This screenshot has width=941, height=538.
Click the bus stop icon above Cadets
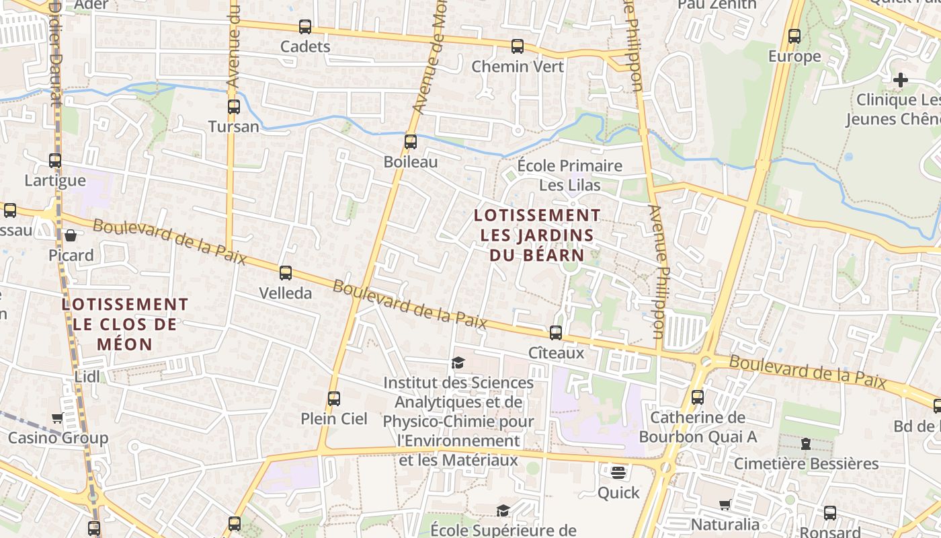point(305,27)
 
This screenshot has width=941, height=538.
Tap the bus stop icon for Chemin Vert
point(517,46)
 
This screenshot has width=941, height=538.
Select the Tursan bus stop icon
point(233,107)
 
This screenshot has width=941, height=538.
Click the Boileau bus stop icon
point(410,142)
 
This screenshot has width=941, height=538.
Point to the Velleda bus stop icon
point(286,273)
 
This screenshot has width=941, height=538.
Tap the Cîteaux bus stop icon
point(555,333)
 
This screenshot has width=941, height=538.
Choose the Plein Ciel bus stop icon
point(333,399)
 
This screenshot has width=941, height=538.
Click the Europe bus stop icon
point(794,36)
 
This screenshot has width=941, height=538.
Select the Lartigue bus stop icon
point(55,161)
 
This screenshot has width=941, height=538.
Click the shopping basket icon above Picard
point(71,235)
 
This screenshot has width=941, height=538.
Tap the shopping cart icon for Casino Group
point(57,418)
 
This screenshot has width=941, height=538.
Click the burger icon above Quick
point(618,473)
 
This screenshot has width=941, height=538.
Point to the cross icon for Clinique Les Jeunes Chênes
point(900,80)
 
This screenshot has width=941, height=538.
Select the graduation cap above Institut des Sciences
point(458,363)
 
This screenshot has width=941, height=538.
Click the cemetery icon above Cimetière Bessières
point(805,444)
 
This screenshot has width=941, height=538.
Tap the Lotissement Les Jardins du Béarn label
point(536,235)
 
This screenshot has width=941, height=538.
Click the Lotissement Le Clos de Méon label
point(124,324)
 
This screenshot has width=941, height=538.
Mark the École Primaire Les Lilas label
point(570,175)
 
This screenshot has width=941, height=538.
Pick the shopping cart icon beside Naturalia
point(725,504)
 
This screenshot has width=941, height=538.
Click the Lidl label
point(87,377)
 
